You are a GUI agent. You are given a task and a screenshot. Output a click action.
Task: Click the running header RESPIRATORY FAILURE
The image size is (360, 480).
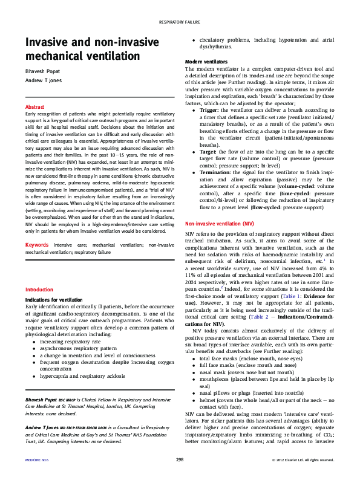click(x=180, y=22)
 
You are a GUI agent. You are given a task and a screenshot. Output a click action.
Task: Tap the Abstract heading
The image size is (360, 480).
click(x=34, y=106)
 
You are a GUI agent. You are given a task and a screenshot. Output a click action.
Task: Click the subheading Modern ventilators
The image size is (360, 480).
click(x=206, y=62)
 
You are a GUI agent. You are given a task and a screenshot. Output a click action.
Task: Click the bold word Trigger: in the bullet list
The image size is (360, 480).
click(x=209, y=110)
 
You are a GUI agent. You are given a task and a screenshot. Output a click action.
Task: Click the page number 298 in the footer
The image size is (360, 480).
click(x=180, y=461)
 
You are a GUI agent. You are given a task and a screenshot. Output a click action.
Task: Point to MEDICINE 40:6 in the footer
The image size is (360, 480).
click(x=36, y=461)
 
